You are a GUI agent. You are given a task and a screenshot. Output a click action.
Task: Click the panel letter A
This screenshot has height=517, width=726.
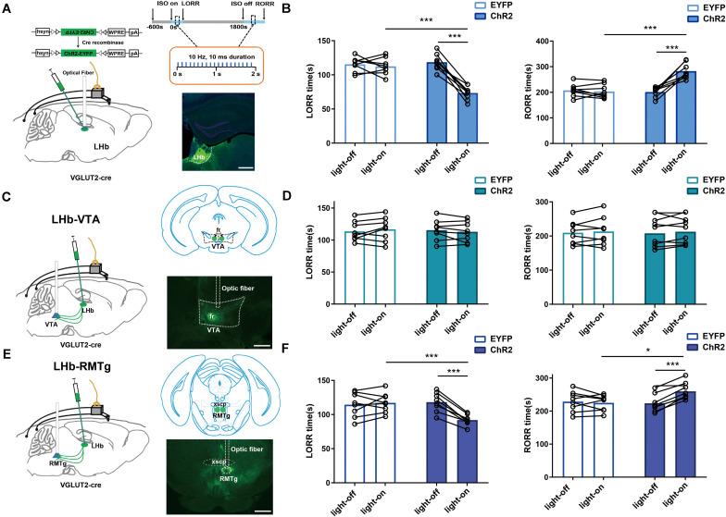coord(7,8)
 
